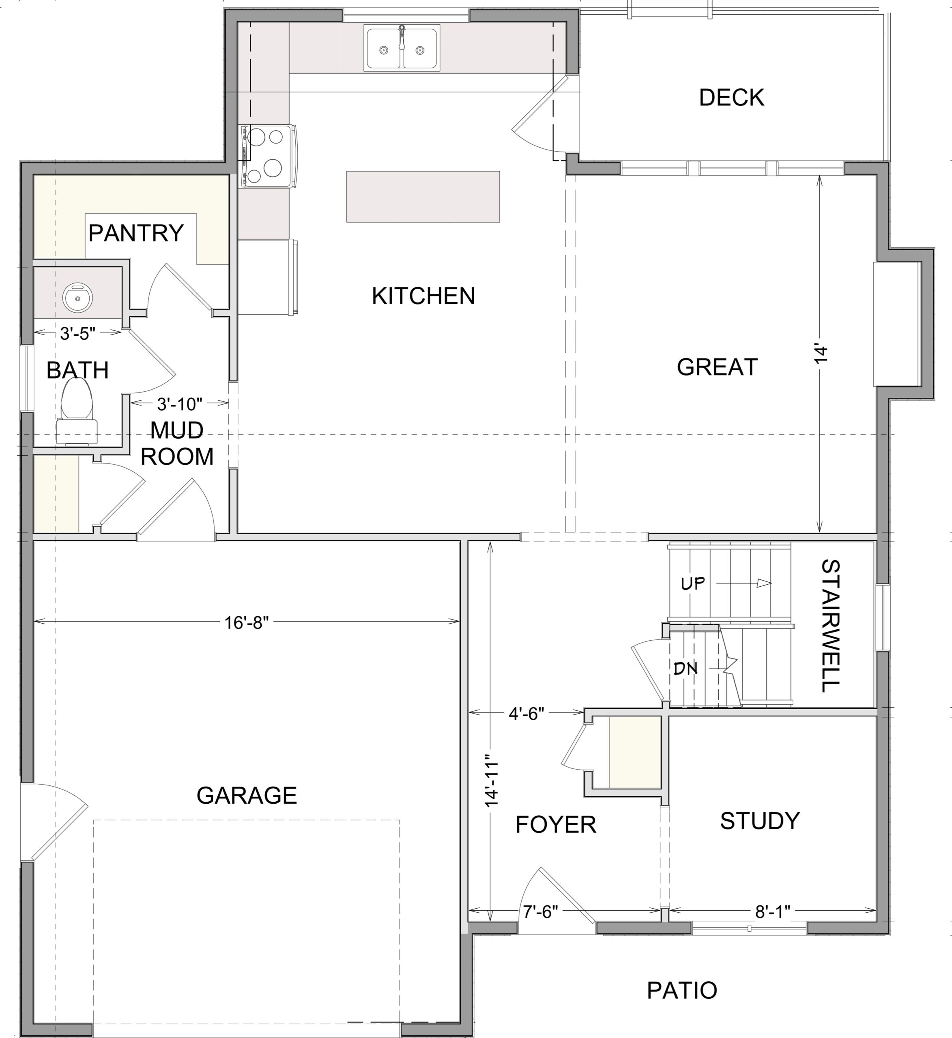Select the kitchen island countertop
point(423,197)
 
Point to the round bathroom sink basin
point(77,297)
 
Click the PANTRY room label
point(136,233)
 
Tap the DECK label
point(731,98)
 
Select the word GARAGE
point(247,796)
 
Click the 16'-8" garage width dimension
point(247,623)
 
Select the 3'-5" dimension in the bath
point(78,334)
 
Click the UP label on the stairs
point(693,583)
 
